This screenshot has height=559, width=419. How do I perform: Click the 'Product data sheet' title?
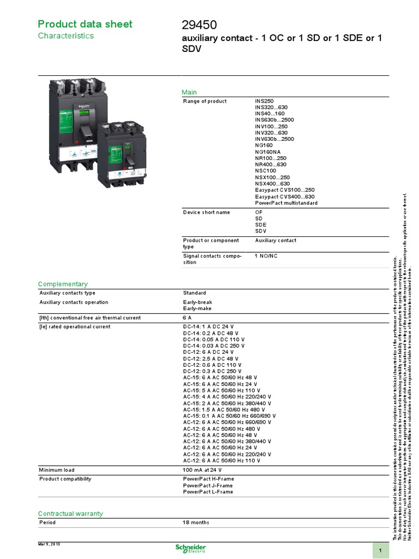[85, 24]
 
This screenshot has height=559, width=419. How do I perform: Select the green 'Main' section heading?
[189, 92]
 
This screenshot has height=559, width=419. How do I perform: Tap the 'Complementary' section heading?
[63, 284]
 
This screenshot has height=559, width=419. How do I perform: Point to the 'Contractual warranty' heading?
[70, 514]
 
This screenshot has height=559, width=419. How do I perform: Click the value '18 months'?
[196, 522]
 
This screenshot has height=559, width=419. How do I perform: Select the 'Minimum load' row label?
[57, 470]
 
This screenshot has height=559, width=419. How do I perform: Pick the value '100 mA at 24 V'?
[202, 470]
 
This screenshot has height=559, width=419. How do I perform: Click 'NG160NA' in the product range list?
[268, 152]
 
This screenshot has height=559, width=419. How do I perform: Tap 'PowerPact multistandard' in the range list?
[286, 203]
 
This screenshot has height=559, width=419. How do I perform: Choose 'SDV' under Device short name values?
[261, 231]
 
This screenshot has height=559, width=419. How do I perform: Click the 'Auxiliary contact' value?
[276, 240]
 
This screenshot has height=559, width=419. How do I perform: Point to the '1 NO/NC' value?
[267, 255]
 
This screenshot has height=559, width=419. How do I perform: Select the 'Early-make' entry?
[197, 308]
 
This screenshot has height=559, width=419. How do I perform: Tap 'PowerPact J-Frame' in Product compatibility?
[208, 485]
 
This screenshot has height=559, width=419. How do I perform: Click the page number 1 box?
[380, 551]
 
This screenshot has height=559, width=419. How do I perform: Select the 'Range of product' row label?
[205, 102]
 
